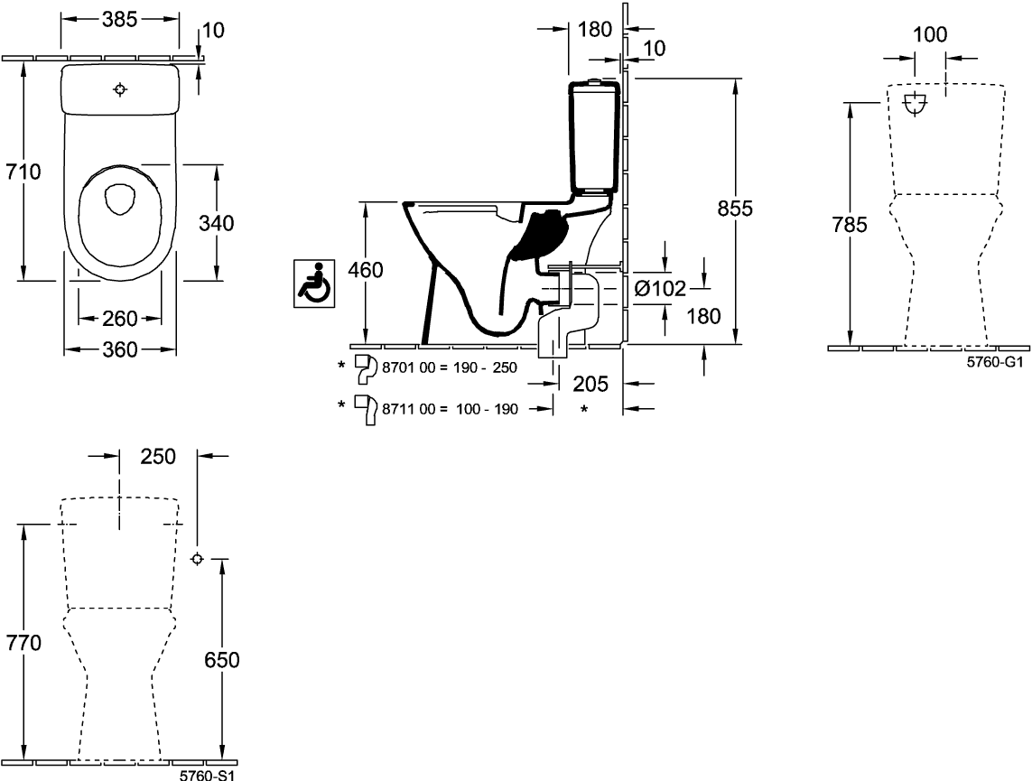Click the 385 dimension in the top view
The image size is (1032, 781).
pos(119,20)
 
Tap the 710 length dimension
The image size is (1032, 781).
pos(23,172)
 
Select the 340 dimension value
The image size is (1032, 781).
pos(217,224)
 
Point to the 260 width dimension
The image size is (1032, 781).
pos(120,319)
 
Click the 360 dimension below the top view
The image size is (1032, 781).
pos(120,350)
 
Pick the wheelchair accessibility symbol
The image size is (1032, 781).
pos(314,283)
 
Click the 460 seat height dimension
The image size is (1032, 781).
pos(365,270)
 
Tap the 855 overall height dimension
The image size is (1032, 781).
pos(735,209)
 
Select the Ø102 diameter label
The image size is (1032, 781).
pos(660,288)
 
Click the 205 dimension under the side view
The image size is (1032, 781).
pos(590,384)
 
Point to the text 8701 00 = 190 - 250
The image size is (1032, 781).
pos(450,368)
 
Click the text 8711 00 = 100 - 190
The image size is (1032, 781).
pos(451,409)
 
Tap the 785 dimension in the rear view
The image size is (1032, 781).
pos(849,225)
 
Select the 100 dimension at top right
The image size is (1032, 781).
pos(930,35)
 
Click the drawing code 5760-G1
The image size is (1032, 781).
pos(995,361)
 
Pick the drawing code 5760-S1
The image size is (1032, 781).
pos(208,775)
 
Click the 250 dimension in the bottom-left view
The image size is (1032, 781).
pos(158,457)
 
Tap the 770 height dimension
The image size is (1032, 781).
pos(23,643)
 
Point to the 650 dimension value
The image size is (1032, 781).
pos(222,660)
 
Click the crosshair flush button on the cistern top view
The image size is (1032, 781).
pos(120,90)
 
